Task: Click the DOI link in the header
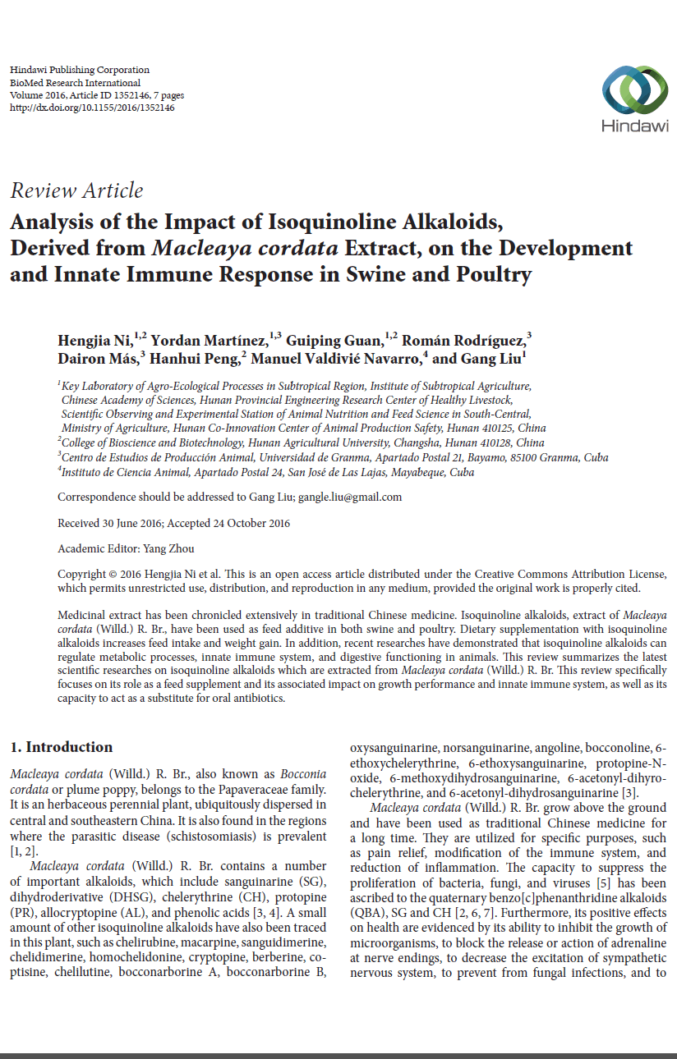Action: [92, 108]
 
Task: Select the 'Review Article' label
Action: [76, 190]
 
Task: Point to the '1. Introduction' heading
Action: [62, 747]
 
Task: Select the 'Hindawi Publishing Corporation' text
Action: [80, 71]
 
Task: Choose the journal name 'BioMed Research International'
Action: [76, 83]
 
